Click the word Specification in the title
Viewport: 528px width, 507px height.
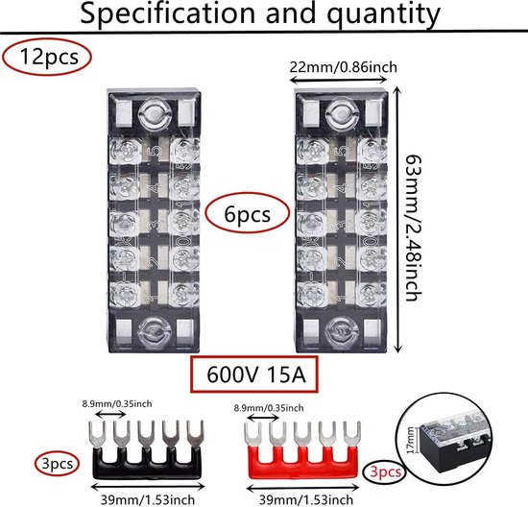[167, 13]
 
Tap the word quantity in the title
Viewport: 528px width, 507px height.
[384, 14]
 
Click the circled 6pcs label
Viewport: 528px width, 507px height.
[248, 214]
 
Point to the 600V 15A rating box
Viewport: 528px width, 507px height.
[254, 374]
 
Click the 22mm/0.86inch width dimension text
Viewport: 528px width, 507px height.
[343, 67]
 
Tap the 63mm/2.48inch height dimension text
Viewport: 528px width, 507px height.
[413, 228]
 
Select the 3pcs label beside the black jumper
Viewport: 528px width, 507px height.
[57, 464]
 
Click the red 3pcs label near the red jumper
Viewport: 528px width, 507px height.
[386, 471]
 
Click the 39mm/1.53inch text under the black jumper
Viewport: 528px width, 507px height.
[148, 500]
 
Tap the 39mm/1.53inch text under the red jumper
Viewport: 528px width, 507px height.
[305, 500]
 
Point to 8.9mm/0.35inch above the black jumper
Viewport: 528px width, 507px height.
[117, 403]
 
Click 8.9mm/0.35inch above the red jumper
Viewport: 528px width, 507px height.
[269, 408]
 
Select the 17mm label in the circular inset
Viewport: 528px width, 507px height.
[410, 440]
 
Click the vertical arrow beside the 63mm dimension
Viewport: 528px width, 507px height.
[397, 220]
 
